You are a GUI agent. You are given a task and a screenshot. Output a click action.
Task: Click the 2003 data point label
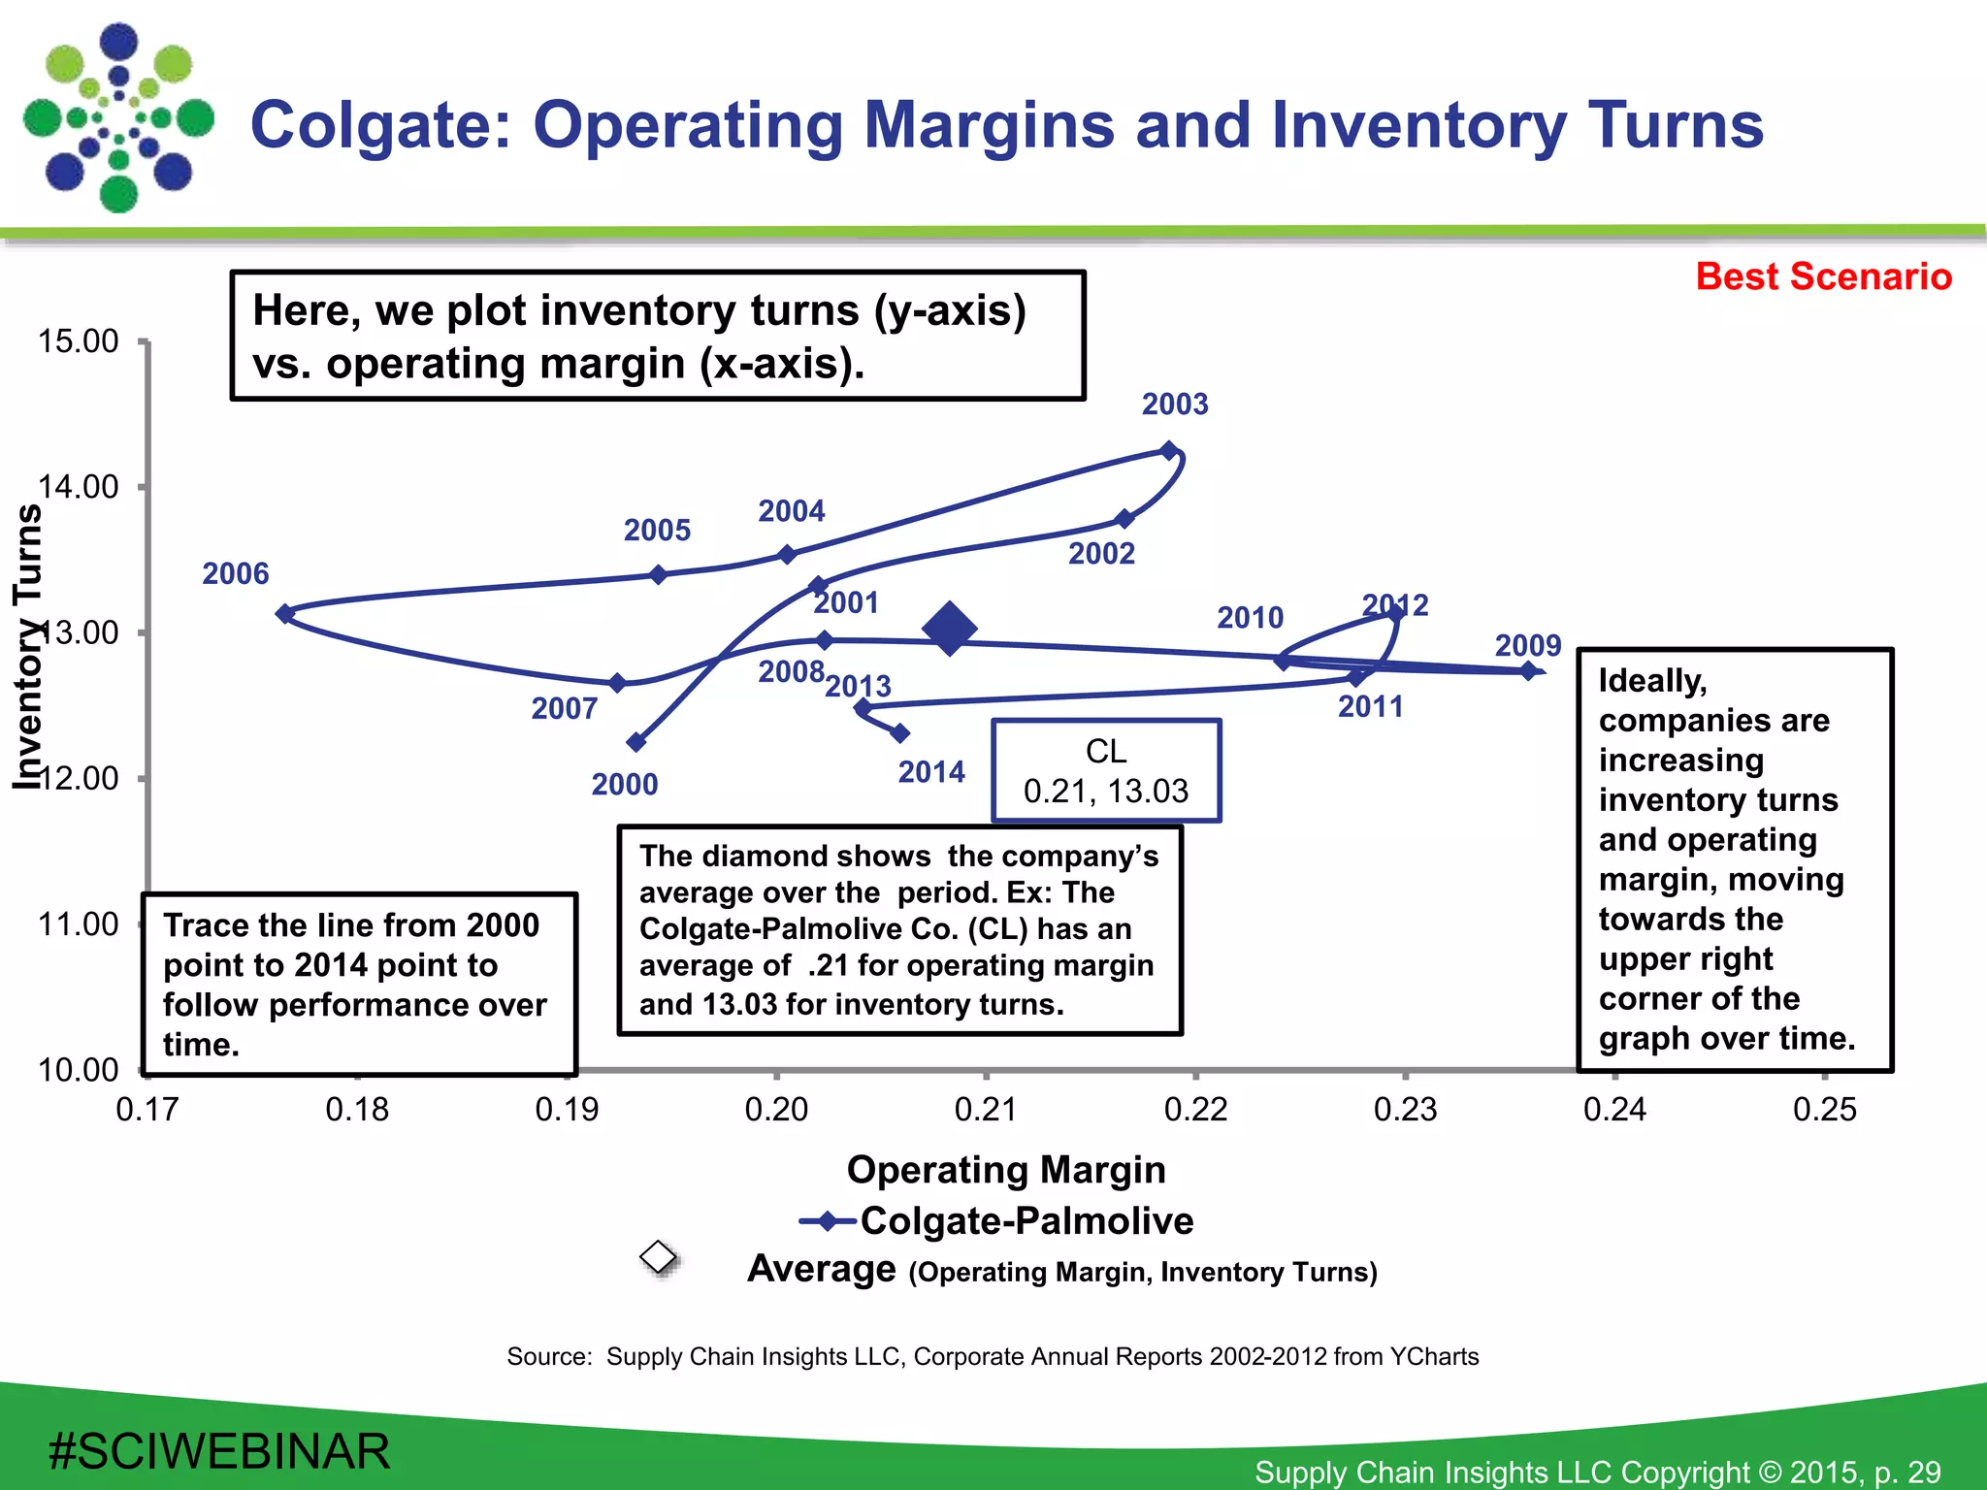click(1174, 404)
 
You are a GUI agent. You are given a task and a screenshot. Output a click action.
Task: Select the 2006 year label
click(235, 573)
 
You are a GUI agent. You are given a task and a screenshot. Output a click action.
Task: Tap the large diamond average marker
click(949, 629)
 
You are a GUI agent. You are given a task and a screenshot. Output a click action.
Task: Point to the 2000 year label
click(624, 784)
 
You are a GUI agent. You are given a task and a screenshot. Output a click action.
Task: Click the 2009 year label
click(1527, 645)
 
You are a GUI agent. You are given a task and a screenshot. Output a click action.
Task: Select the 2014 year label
click(930, 772)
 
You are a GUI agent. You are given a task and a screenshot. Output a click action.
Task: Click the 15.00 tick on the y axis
click(78, 341)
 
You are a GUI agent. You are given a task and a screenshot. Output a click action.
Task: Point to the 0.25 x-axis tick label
click(1824, 1110)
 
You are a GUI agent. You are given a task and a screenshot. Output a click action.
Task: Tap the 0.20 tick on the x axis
click(776, 1110)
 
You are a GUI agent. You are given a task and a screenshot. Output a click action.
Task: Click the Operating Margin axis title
click(1006, 1170)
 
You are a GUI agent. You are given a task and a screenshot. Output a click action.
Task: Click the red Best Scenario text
click(1823, 276)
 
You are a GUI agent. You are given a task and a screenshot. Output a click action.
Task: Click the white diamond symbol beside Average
click(659, 1257)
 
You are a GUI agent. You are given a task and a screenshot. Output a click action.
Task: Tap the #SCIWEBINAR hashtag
click(219, 1452)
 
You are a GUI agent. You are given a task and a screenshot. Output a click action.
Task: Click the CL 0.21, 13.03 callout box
click(1105, 771)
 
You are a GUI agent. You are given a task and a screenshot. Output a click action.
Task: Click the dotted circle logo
click(118, 118)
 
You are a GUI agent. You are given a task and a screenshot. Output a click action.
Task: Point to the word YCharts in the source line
click(1434, 1356)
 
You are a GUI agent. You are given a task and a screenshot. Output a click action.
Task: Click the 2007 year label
click(564, 708)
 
